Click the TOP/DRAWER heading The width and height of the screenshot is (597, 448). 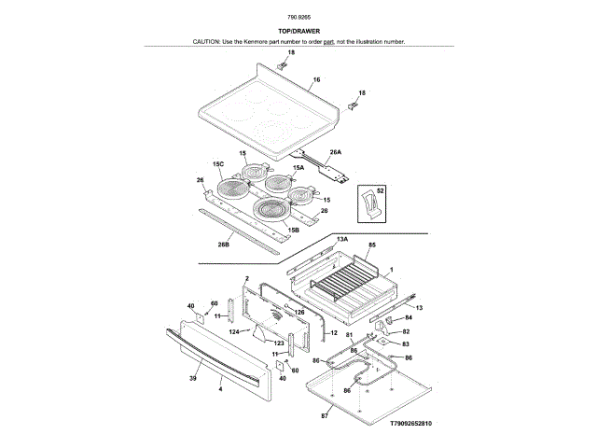298,31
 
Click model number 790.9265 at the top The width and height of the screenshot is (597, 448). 298,17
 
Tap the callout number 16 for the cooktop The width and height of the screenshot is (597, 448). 316,80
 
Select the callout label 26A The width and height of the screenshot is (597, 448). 335,151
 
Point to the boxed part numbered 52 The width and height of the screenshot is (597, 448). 381,189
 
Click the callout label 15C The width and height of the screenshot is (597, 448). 218,164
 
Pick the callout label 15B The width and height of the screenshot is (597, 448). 293,229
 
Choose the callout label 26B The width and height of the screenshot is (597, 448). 224,245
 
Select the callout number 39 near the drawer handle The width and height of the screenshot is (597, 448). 193,378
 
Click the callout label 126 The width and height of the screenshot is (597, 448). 300,312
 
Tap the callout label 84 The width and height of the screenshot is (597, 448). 407,317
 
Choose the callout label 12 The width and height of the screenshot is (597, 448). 333,332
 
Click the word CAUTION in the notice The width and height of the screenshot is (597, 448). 208,42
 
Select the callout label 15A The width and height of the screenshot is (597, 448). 298,168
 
